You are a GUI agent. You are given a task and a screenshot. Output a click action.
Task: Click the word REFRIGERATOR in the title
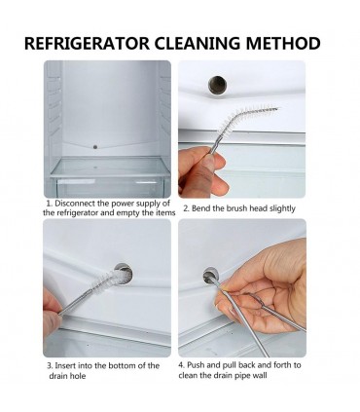click(x=87, y=43)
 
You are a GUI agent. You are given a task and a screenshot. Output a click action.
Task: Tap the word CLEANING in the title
click(x=198, y=43)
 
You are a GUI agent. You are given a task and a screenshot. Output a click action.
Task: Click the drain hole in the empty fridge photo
click(x=95, y=147)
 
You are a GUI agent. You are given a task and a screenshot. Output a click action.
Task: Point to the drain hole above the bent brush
click(x=217, y=85)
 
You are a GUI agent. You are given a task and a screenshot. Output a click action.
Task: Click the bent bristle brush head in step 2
click(x=247, y=118)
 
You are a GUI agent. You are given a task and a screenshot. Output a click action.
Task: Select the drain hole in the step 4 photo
click(x=211, y=276)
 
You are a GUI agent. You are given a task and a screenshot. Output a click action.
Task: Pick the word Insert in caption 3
click(x=65, y=365)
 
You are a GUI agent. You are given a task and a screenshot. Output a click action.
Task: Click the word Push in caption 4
click(x=196, y=365)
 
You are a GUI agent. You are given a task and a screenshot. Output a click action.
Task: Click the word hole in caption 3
click(x=78, y=376)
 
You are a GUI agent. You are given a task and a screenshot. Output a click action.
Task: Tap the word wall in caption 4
click(x=260, y=375)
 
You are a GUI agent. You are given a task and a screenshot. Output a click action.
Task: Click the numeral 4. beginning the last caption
click(x=181, y=365)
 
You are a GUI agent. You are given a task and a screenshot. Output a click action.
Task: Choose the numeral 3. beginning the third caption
click(x=50, y=365)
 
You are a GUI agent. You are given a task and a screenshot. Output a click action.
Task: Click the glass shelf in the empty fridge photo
click(x=110, y=168)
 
